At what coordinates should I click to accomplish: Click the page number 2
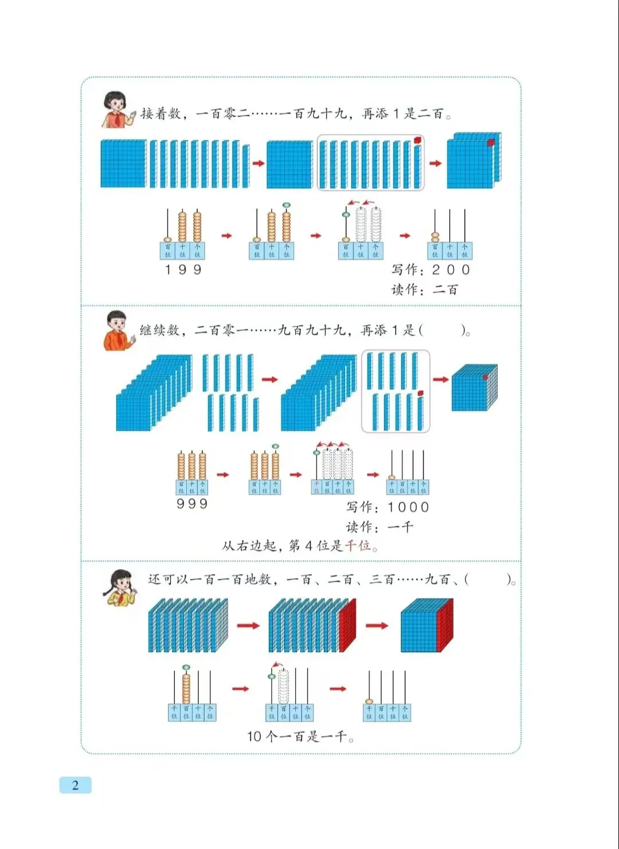click(75, 785)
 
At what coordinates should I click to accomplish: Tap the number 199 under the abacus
click(183, 270)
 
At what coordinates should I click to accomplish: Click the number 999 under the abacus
click(192, 504)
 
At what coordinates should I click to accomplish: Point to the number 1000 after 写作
click(408, 507)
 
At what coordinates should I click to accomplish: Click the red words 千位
click(358, 546)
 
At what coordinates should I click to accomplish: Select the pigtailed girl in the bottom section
click(120, 587)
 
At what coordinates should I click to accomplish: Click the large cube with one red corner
click(474, 388)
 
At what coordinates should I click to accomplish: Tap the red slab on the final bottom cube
click(445, 626)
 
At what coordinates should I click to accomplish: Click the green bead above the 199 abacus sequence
click(286, 205)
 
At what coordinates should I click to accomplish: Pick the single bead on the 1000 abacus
click(392, 477)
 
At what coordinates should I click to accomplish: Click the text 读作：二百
click(425, 290)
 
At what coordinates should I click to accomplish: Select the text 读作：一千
click(379, 527)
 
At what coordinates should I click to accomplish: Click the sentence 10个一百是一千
click(300, 737)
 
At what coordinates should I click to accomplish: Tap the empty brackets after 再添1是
click(442, 330)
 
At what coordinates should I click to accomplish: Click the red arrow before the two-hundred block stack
click(436, 163)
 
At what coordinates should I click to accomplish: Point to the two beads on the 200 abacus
click(435, 236)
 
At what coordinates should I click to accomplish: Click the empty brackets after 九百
click(488, 579)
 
